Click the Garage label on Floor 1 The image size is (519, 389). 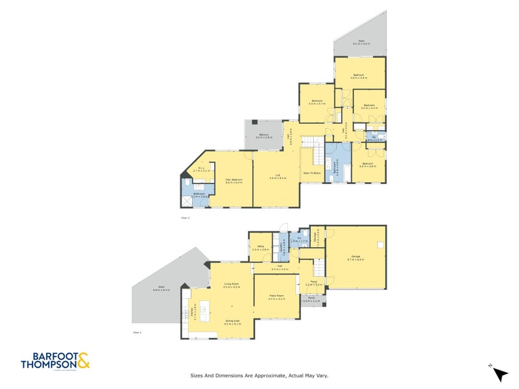point(356,258)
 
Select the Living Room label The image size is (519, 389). point(232,285)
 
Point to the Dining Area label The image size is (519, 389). point(232,322)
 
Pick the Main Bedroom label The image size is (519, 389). point(234,181)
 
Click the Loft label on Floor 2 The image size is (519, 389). point(277,177)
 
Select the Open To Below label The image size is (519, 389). point(312,173)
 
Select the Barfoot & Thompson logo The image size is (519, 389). point(54,360)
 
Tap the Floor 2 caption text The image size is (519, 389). point(185,218)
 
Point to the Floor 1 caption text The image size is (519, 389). point(137,332)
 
